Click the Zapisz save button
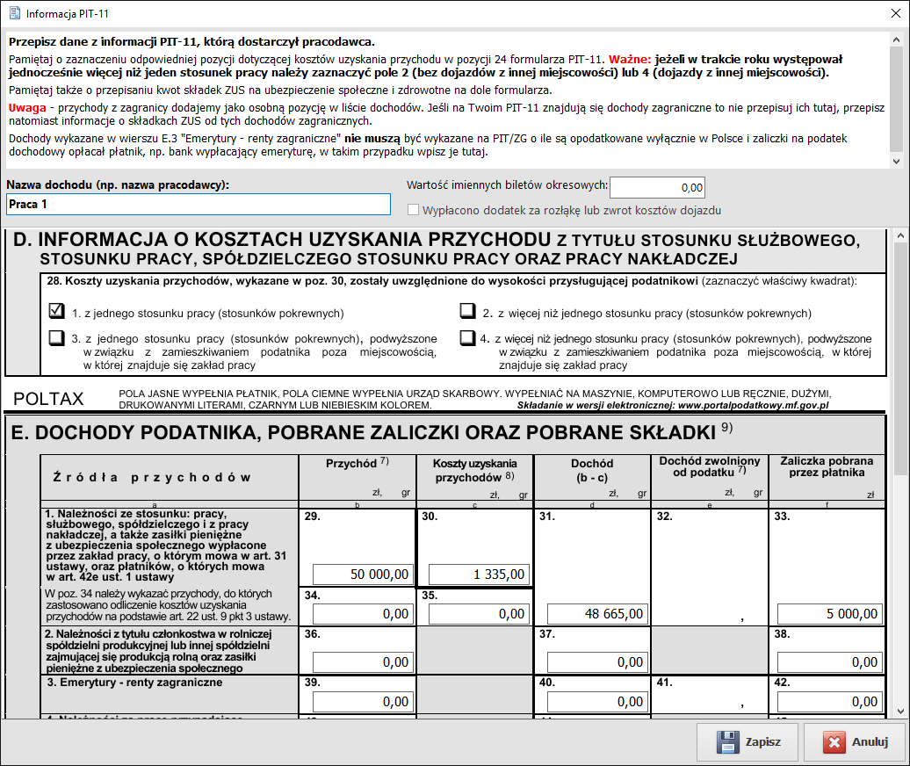747,741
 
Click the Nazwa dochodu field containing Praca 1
198,205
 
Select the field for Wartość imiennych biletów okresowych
657,187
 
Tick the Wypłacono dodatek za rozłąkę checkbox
414,211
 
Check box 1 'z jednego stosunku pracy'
57,311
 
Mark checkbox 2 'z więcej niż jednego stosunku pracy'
467,312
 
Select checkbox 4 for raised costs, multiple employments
467,338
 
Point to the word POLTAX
48,399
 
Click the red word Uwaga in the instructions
27,106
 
